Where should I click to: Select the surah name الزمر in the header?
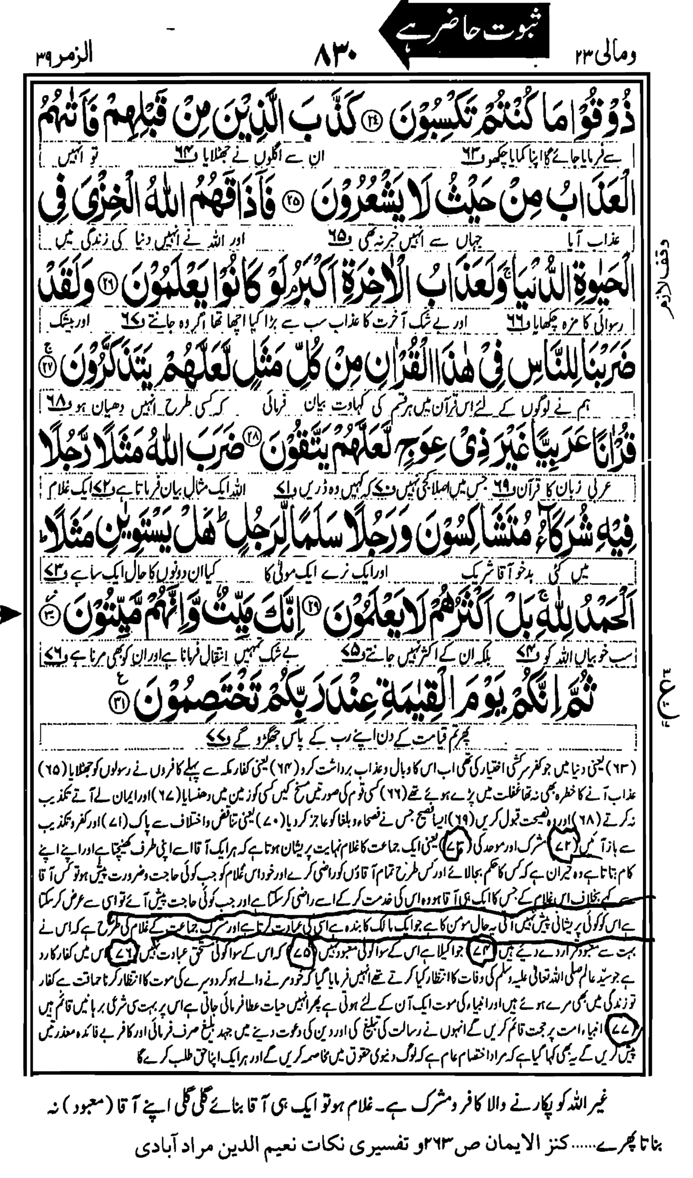pyautogui.click(x=75, y=58)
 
